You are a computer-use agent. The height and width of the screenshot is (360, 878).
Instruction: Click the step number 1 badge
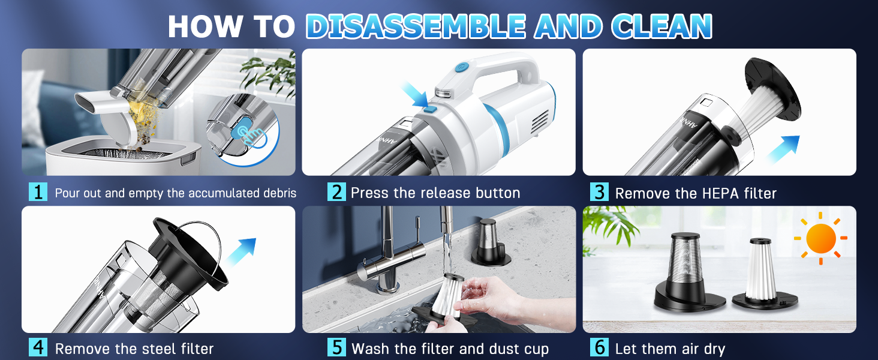tap(38, 193)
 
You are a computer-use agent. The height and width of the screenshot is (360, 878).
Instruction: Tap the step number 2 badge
tap(336, 193)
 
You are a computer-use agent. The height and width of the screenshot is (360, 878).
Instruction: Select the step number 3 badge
tap(599, 193)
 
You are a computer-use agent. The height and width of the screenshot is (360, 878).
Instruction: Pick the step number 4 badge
tap(38, 347)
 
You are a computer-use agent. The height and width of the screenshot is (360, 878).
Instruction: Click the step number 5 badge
tap(336, 347)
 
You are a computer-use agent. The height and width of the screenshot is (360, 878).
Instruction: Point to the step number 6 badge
tap(599, 347)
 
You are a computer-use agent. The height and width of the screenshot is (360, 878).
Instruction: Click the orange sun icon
tap(820, 238)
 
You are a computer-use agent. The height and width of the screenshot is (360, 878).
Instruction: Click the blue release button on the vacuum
tap(429, 109)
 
